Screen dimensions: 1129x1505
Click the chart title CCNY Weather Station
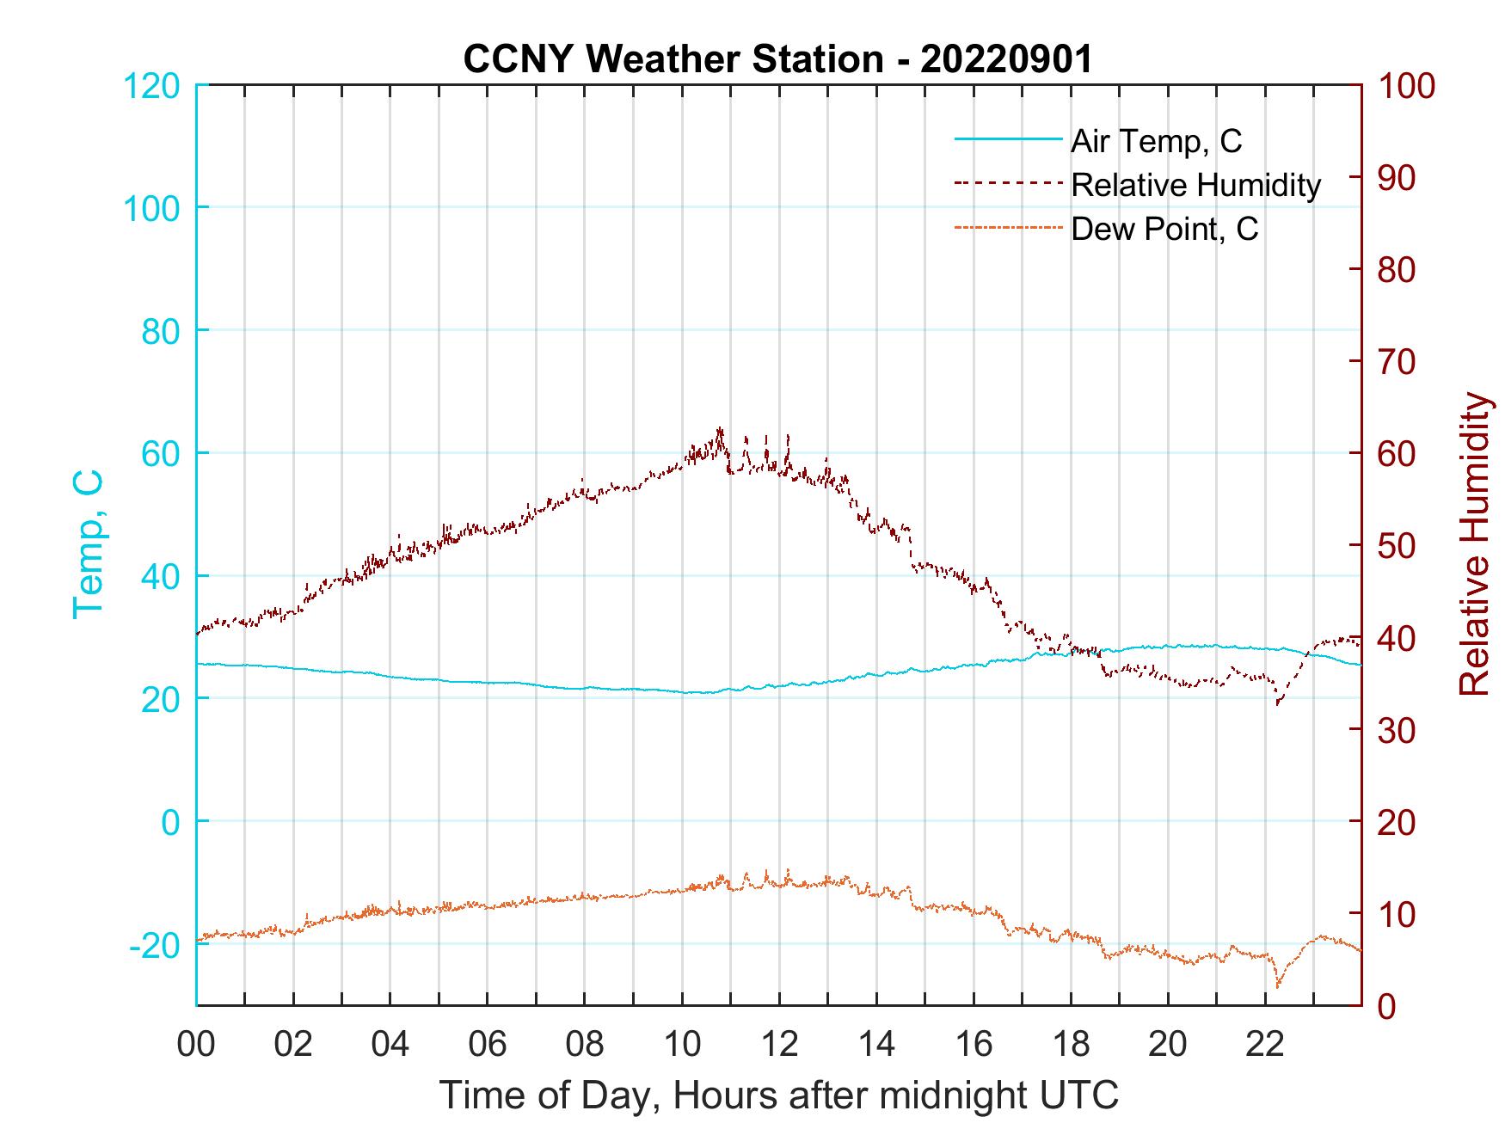coord(777,59)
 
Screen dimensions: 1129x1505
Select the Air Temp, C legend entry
coord(1156,140)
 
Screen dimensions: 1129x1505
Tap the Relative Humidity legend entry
coord(1195,185)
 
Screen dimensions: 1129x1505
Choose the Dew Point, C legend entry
coord(1164,230)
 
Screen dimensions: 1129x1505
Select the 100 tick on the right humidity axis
coord(1407,86)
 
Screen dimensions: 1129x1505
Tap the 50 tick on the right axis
coord(1398,546)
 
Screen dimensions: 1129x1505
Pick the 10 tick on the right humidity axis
coord(1398,914)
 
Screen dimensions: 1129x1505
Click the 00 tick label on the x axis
coord(196,1045)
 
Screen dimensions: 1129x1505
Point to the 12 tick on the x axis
coord(779,1045)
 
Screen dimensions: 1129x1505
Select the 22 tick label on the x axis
coord(1265,1045)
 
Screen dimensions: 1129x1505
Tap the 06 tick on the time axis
coord(488,1045)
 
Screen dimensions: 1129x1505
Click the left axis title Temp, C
coord(89,544)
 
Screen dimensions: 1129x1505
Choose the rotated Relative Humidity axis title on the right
coord(1474,544)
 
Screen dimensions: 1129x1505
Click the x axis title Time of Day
coord(779,1095)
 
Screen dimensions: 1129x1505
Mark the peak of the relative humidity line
coord(720,429)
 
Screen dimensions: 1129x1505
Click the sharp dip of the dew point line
coord(1277,985)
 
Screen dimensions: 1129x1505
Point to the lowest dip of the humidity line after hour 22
coord(1278,704)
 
